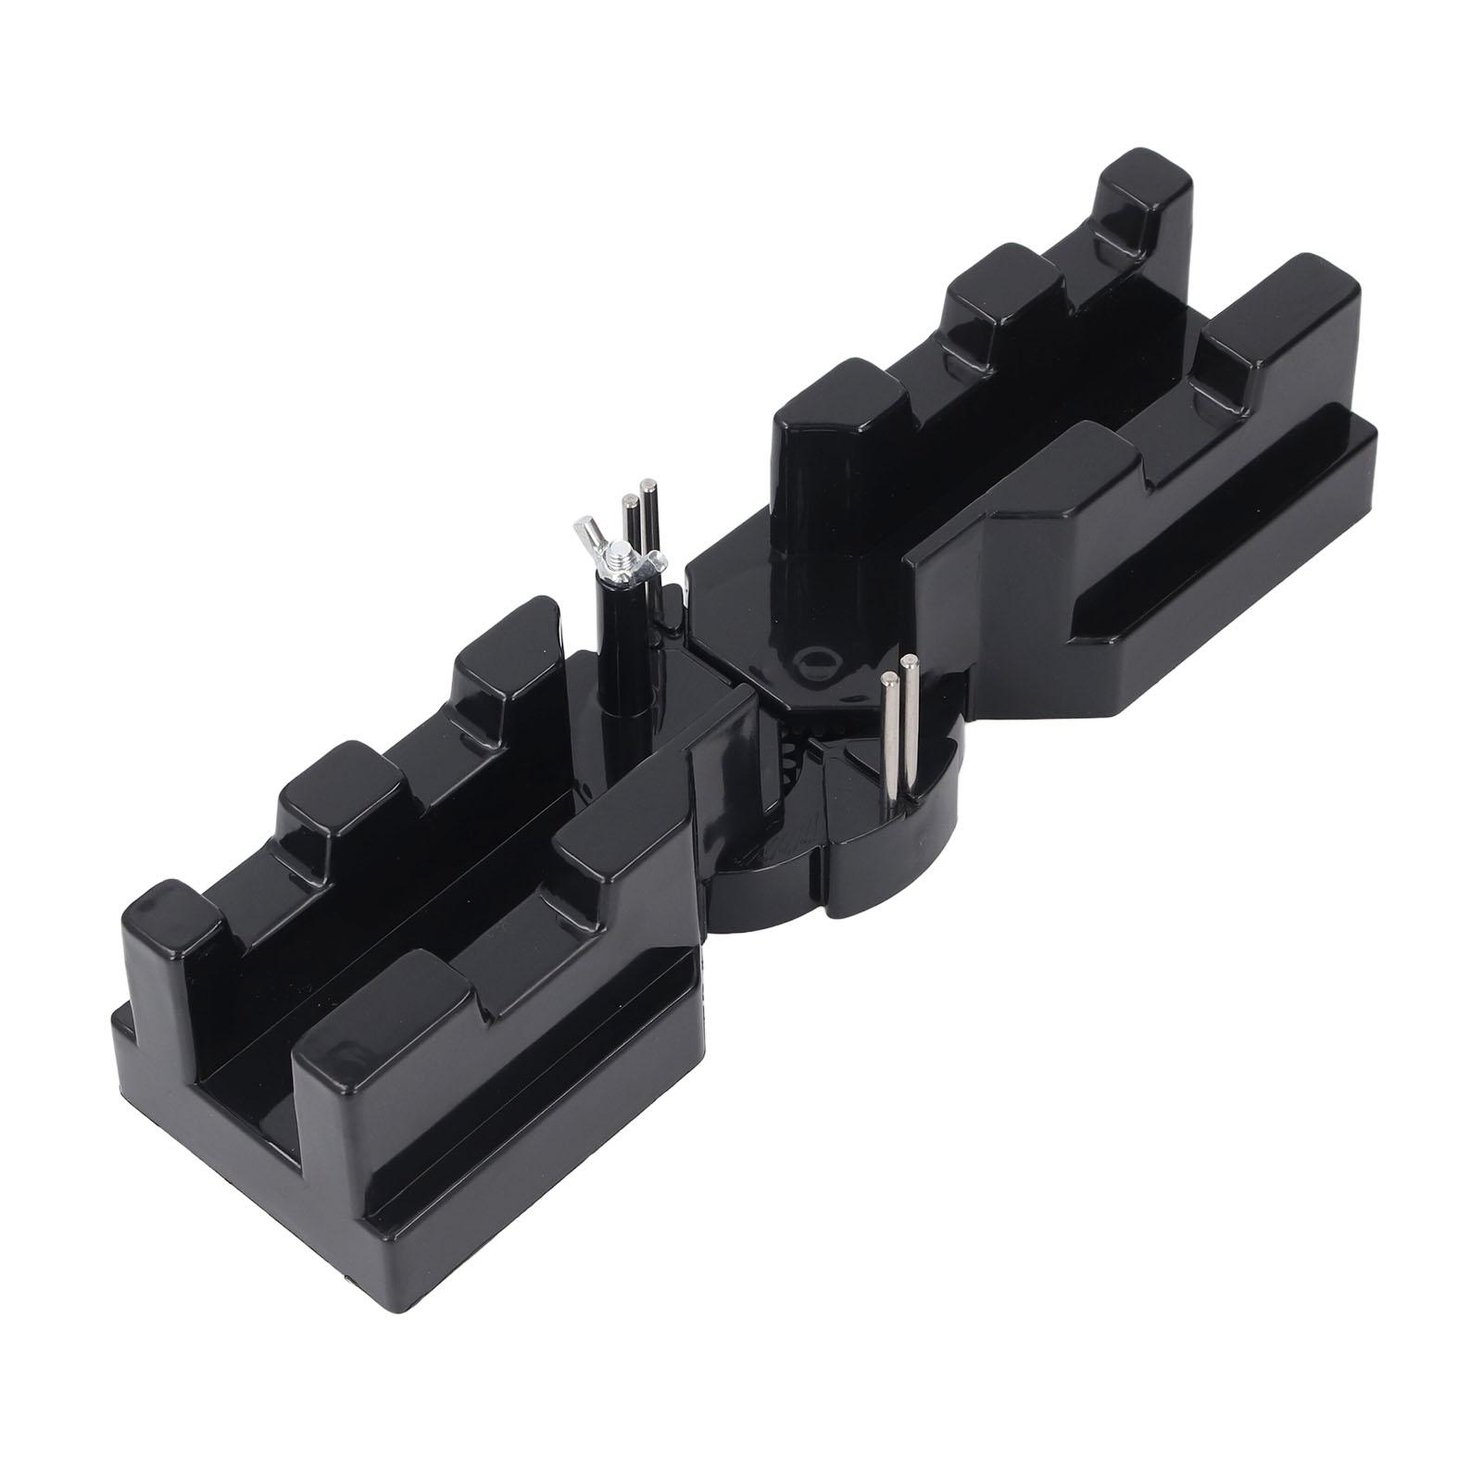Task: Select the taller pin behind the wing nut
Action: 650,519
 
